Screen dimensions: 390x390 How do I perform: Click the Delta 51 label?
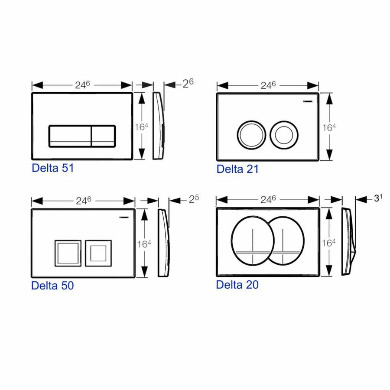(x=52, y=168)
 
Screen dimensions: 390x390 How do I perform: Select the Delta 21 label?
(x=237, y=169)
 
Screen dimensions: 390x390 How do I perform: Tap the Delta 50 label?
(x=52, y=286)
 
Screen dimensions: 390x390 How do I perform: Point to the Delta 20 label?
(x=237, y=285)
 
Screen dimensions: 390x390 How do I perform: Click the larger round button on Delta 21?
(x=250, y=133)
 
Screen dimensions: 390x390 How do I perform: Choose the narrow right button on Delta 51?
(x=103, y=136)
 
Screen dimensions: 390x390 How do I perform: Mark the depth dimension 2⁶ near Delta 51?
(x=188, y=84)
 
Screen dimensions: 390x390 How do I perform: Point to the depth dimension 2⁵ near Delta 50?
(x=194, y=200)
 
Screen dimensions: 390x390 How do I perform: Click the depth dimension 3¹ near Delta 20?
(x=378, y=198)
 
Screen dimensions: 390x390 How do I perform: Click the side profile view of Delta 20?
(x=348, y=241)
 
